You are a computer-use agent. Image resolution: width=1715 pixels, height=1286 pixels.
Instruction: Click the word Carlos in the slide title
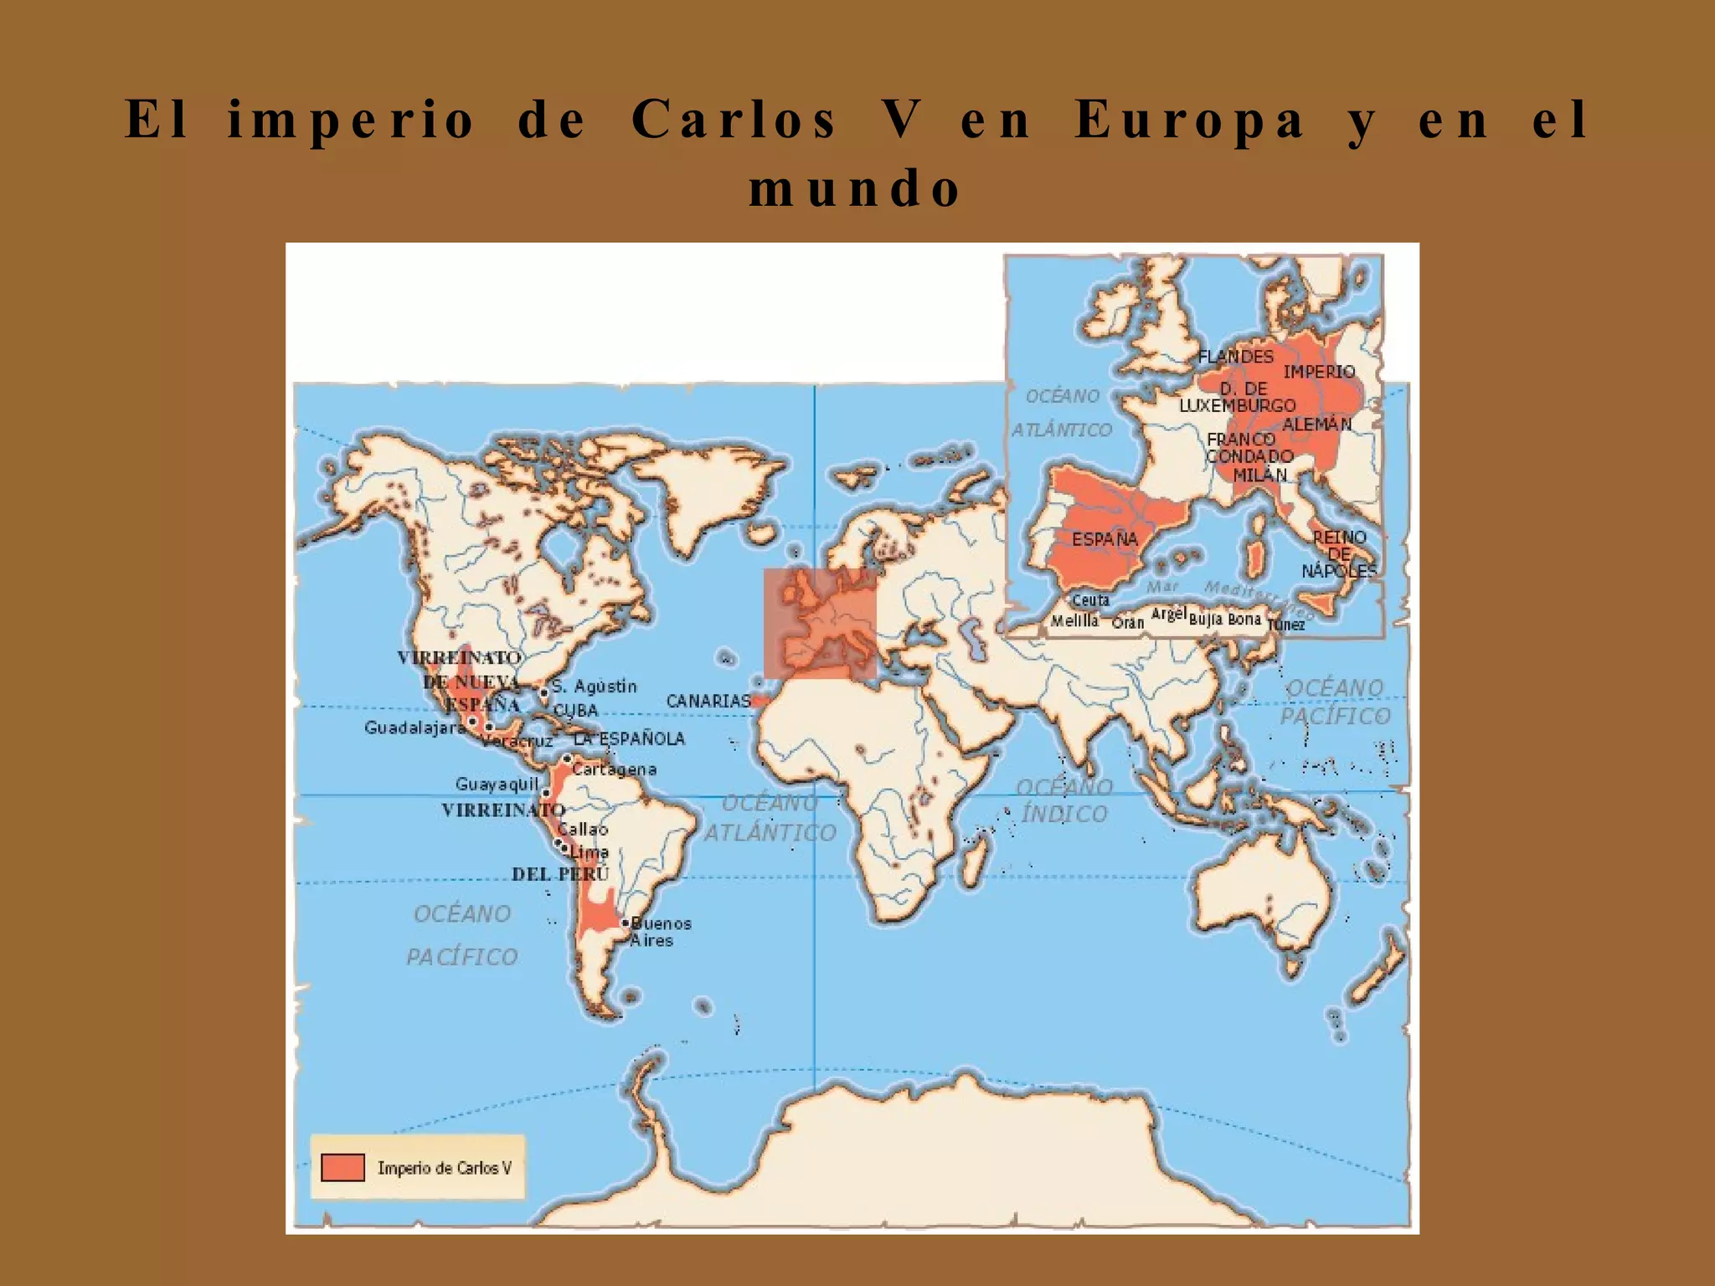pyautogui.click(x=734, y=119)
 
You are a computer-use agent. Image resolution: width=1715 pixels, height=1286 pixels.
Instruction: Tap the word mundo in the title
pyautogui.click(x=855, y=188)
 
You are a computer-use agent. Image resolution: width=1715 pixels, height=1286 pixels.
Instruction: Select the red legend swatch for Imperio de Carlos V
pyautogui.click(x=342, y=1167)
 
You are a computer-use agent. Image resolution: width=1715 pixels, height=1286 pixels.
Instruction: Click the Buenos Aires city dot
pyautogui.click(x=626, y=923)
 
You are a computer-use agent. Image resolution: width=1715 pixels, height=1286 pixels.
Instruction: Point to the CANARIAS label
pyautogui.click(x=708, y=701)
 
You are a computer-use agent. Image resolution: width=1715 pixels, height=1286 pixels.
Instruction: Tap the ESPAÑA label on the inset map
pyautogui.click(x=1105, y=539)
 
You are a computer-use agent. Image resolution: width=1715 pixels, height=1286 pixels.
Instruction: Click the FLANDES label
pyautogui.click(x=1235, y=356)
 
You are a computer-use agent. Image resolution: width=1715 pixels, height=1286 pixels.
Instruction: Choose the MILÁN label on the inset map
pyautogui.click(x=1259, y=475)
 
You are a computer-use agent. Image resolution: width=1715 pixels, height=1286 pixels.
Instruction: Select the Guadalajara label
pyautogui.click(x=415, y=728)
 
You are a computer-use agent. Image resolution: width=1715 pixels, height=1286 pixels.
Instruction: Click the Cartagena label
pyautogui.click(x=614, y=769)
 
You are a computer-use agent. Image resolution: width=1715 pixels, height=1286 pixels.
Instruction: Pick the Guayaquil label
pyautogui.click(x=497, y=784)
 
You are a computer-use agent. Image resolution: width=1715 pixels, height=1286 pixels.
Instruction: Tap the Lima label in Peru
pyautogui.click(x=590, y=851)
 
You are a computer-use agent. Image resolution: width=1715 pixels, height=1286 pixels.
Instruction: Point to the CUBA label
pyautogui.click(x=575, y=710)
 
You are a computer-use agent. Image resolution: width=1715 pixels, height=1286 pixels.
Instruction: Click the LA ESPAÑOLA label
pyautogui.click(x=629, y=738)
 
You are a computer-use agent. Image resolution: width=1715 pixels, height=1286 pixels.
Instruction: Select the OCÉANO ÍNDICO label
pyautogui.click(x=1064, y=800)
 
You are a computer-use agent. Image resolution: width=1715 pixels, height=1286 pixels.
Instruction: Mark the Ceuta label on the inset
pyautogui.click(x=1090, y=600)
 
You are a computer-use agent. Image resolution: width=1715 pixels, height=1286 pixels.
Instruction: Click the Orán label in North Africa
pyautogui.click(x=1127, y=623)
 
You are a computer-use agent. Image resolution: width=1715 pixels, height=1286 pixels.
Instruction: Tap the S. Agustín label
pyautogui.click(x=594, y=687)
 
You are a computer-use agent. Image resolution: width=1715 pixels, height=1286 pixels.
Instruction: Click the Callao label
pyautogui.click(x=583, y=829)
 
